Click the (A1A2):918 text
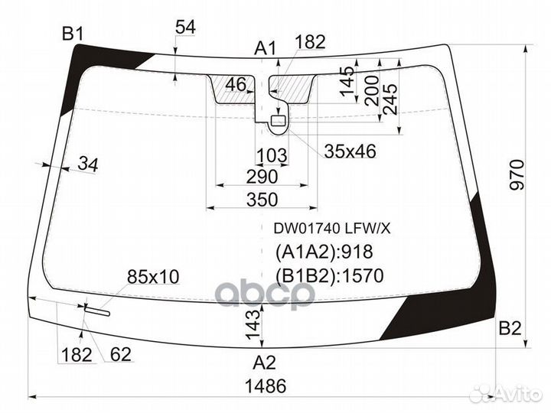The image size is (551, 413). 323,253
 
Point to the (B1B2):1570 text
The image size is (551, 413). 328,275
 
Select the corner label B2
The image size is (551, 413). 510,329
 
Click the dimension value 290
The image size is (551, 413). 261,177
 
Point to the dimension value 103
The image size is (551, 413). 271,156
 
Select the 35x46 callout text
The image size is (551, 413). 350,151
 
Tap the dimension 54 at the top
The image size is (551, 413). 185,28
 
